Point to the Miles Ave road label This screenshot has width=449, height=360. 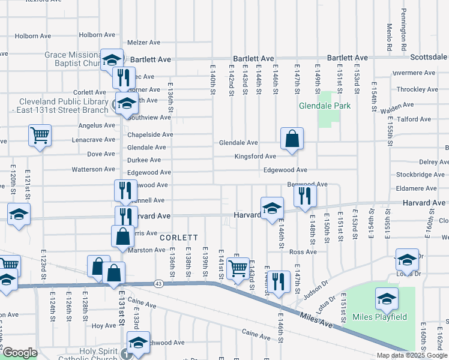(x=317, y=323)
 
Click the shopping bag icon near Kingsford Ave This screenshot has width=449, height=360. (x=291, y=139)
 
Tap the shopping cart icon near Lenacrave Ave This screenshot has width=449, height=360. (x=40, y=136)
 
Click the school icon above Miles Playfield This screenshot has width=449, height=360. (x=407, y=259)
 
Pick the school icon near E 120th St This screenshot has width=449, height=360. (x=19, y=214)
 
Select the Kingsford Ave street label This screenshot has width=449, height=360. (x=255, y=157)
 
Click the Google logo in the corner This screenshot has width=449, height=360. (x=20, y=353)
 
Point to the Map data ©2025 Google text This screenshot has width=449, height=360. (x=412, y=355)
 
